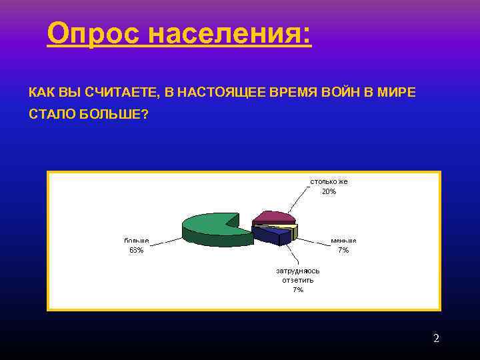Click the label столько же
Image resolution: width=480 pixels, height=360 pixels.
[328, 181]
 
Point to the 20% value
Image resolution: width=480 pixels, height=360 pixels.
[329, 191]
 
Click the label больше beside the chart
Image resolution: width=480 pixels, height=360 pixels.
[136, 240]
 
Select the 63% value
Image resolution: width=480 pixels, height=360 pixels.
[136, 250]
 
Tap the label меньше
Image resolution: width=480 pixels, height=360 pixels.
[343, 240]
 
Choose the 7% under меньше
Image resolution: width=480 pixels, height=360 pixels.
[343, 250]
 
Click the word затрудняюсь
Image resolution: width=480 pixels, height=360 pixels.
[298, 271]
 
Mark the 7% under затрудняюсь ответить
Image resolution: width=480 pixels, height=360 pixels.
[298, 290]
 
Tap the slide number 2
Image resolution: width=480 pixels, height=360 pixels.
[436, 339]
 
